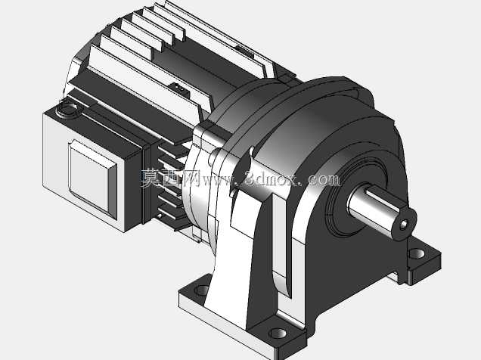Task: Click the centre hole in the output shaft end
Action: click(404, 225)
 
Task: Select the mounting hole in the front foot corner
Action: click(278, 333)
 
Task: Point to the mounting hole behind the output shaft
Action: click(417, 253)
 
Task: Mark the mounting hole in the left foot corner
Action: click(202, 290)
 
